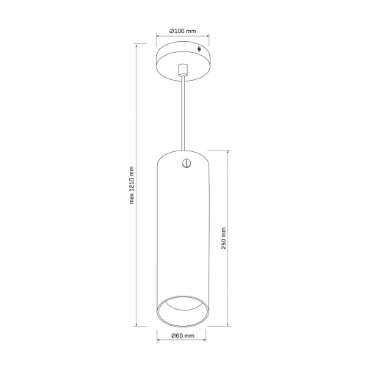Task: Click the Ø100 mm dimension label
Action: click(183, 31)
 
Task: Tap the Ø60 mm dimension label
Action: click(183, 335)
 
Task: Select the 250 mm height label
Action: click(223, 238)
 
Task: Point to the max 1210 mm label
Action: click(132, 185)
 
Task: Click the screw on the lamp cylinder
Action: click(186, 163)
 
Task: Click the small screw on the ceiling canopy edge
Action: click(200, 49)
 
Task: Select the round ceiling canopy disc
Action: click(183, 61)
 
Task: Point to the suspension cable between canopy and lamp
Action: click(183, 112)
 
